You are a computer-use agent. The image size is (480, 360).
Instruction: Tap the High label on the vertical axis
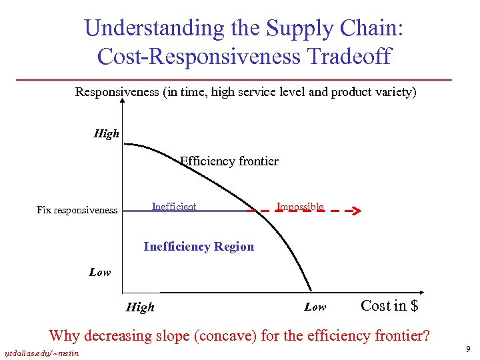click(x=107, y=134)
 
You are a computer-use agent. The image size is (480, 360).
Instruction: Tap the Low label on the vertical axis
click(x=100, y=272)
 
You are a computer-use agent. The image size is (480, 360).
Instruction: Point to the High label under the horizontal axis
click(x=140, y=307)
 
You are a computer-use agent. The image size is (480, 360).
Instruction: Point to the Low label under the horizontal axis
click(x=315, y=307)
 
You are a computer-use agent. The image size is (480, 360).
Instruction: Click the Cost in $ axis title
click(x=389, y=306)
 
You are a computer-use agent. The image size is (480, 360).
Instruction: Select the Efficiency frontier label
click(x=229, y=161)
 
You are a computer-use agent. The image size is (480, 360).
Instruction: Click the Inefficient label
click(x=174, y=207)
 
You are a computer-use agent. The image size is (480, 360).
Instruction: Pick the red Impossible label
click(x=300, y=207)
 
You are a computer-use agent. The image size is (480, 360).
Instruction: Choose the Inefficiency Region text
click(x=199, y=247)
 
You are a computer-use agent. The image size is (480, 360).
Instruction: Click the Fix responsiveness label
click(x=77, y=210)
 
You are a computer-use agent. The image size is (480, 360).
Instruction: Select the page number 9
click(x=469, y=349)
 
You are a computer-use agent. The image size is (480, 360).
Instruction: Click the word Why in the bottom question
click(x=64, y=335)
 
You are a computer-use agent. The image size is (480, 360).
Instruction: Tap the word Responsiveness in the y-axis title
click(x=117, y=91)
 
